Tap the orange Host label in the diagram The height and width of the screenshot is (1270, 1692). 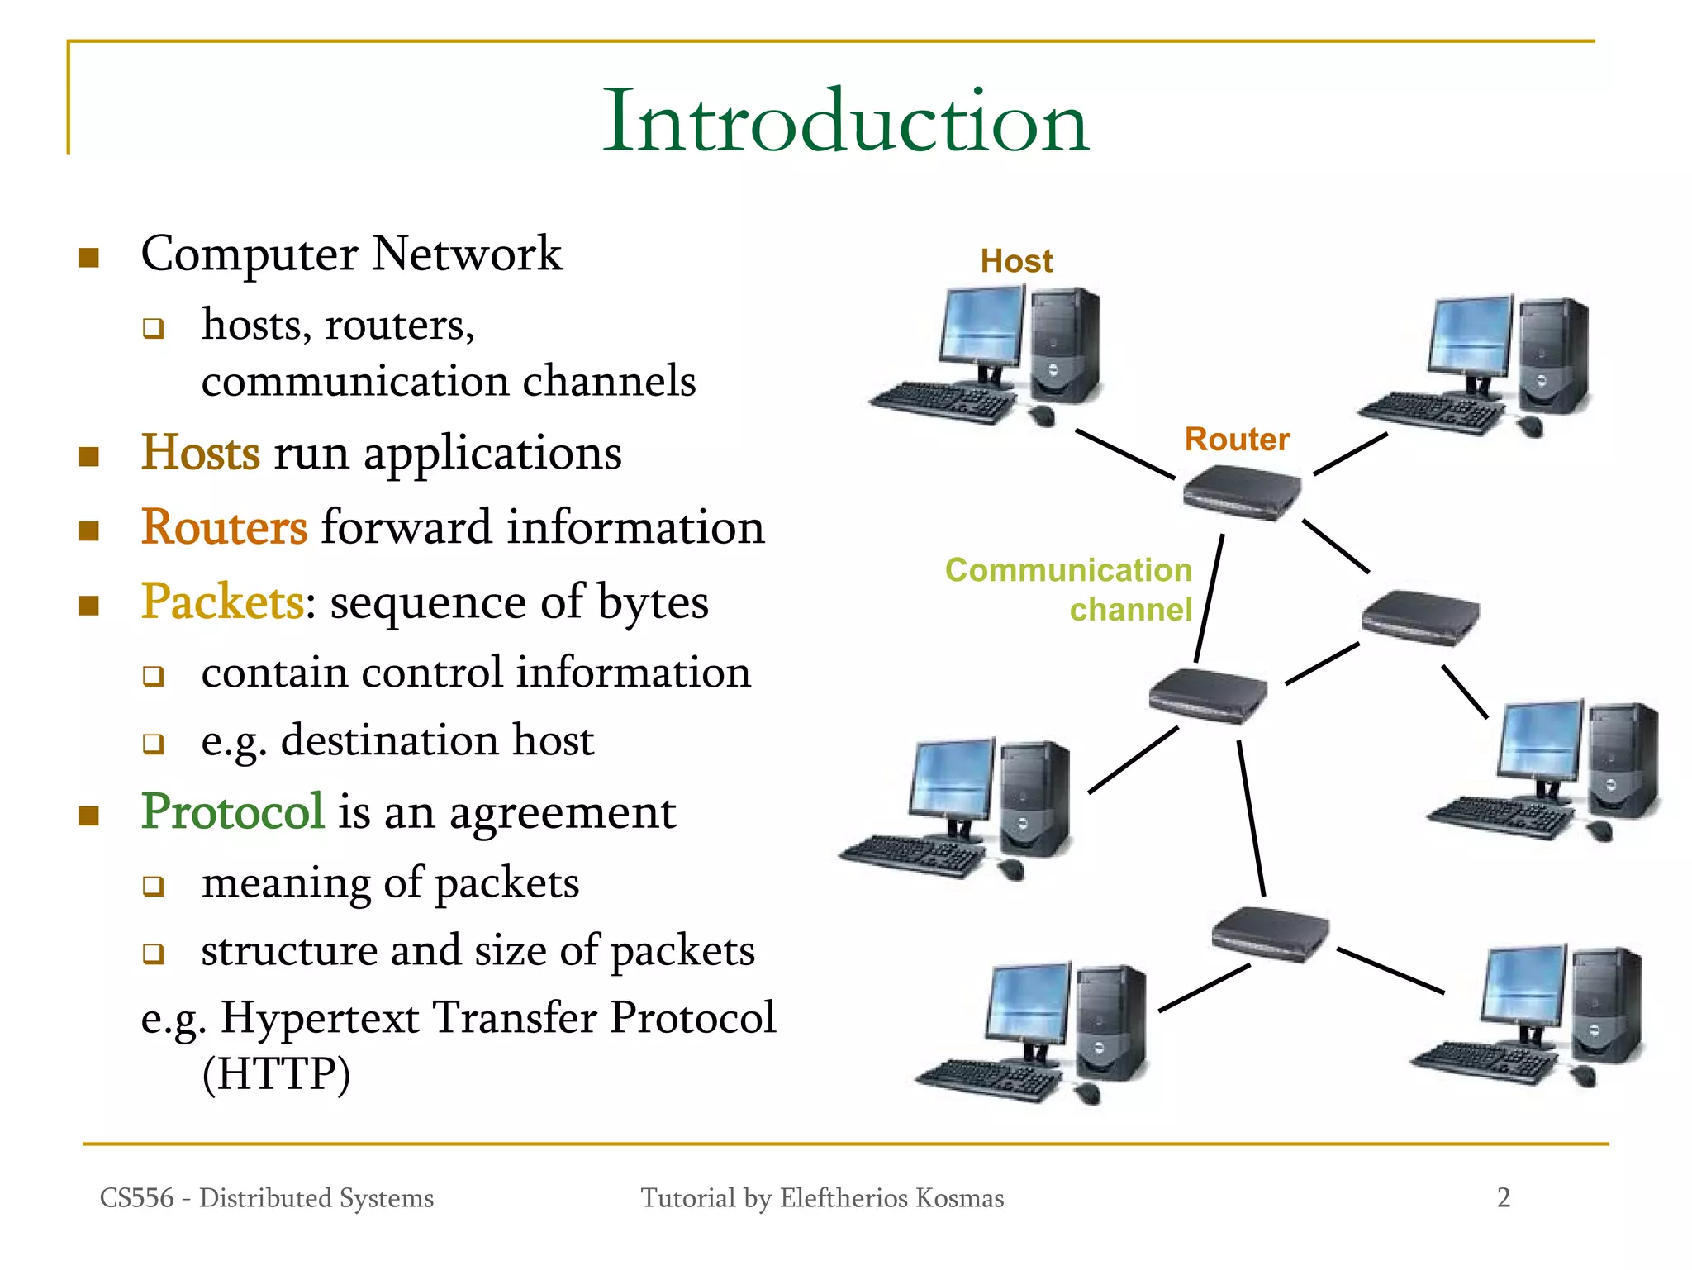coord(1016,261)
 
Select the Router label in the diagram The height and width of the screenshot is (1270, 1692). coord(1237,439)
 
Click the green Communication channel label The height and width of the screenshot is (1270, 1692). coord(1069,589)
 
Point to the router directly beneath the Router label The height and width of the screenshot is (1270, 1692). coord(1242,492)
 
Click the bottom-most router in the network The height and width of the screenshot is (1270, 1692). coord(1271,934)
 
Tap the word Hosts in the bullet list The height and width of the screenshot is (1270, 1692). coord(201,453)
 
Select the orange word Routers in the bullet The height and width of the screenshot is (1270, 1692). coord(224,527)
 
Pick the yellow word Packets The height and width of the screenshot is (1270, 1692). coord(222,602)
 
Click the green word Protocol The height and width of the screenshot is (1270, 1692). coord(232,811)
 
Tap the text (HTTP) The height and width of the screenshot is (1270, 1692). coord(277,1074)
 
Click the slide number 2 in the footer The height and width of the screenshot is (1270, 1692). coord(1504,1197)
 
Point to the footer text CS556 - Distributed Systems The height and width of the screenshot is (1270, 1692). coord(266,1198)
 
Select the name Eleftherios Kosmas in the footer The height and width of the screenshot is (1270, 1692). coord(891,1198)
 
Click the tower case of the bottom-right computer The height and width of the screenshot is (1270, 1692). coord(1606,1005)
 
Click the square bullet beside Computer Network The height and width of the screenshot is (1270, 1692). coord(89,258)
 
